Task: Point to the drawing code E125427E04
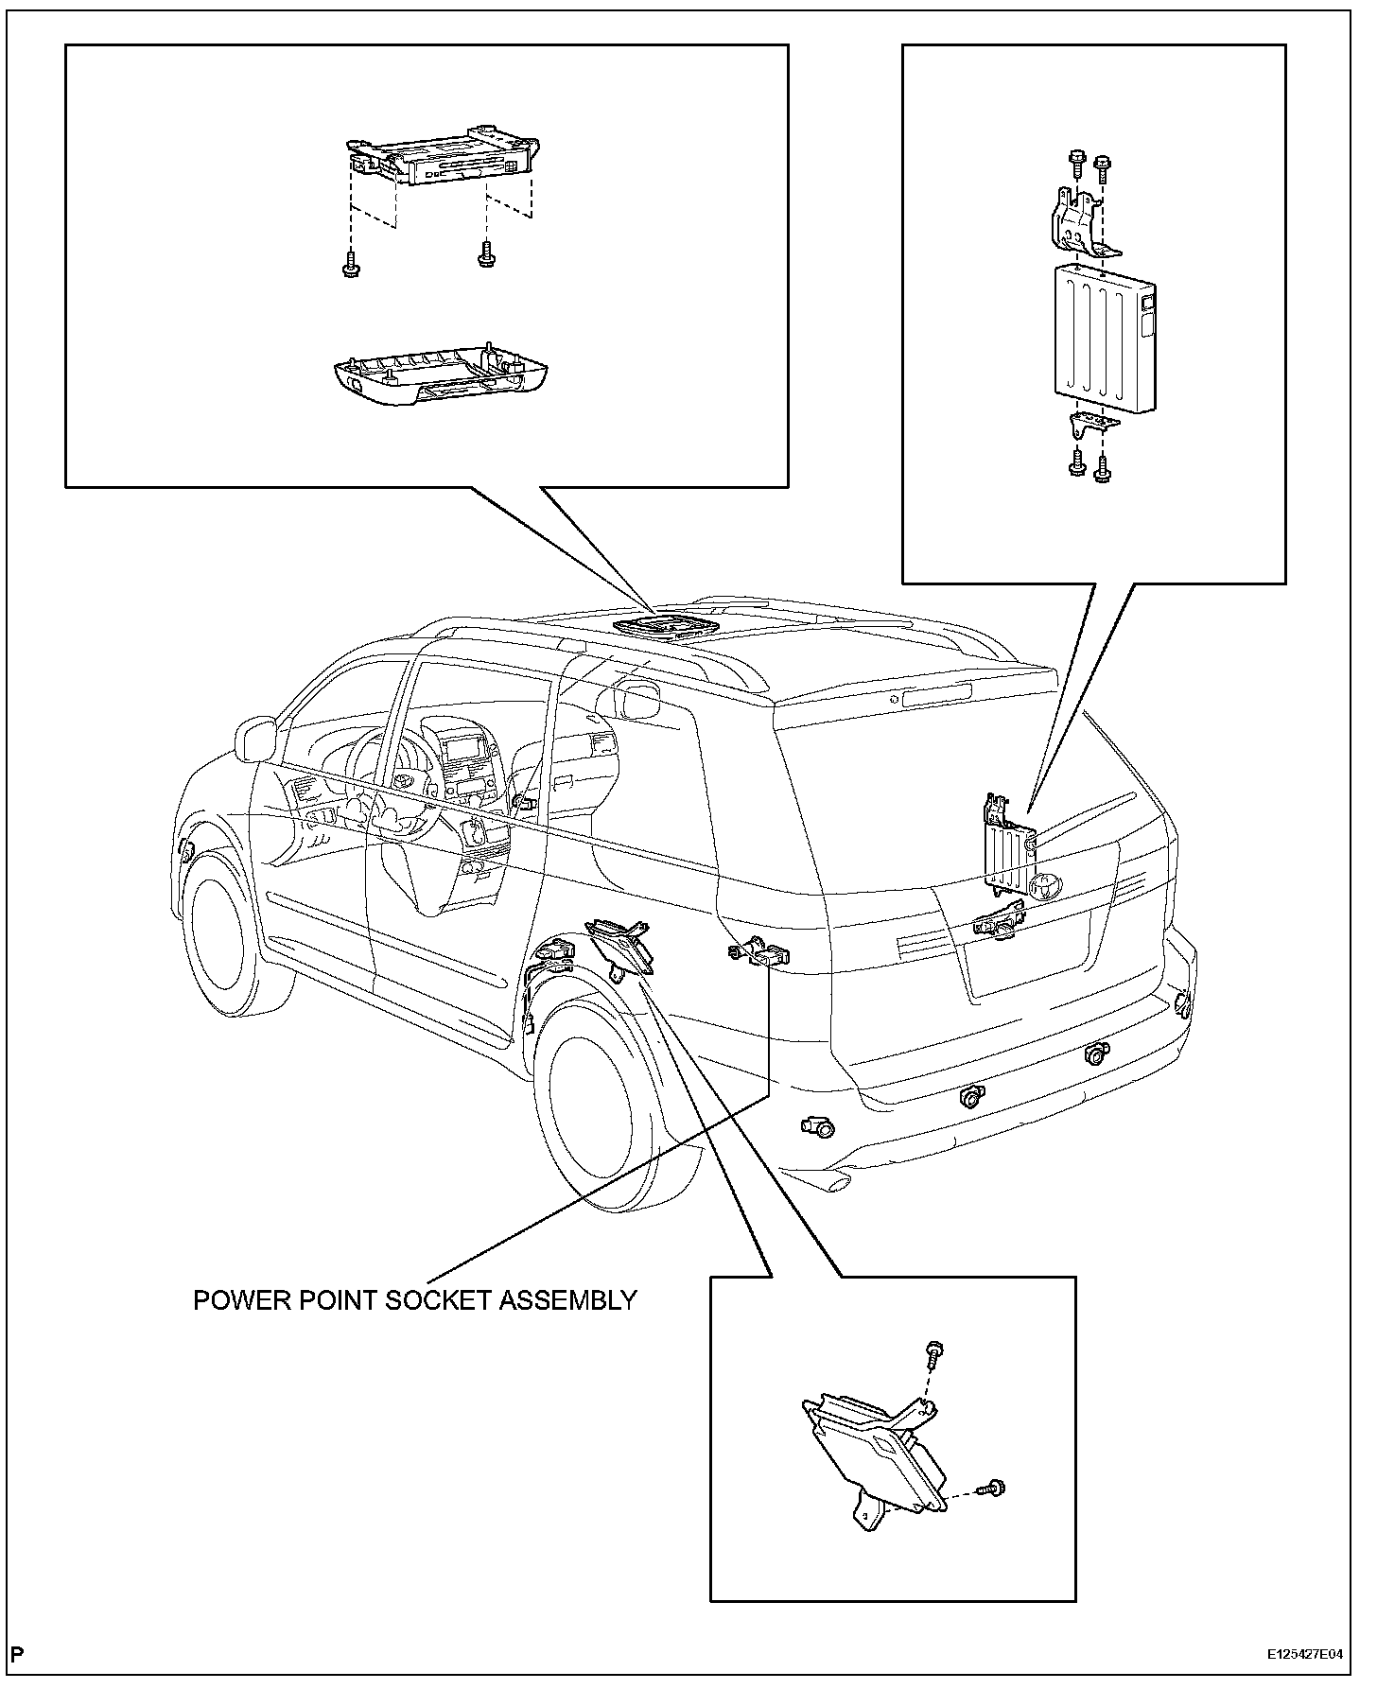coord(1305,1655)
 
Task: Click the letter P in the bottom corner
coord(18,1654)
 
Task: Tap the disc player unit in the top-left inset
coord(442,157)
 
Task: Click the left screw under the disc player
coord(351,264)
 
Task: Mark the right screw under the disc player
coord(487,254)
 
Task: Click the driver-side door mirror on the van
coord(254,738)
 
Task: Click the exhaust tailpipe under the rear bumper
coord(838,1182)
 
